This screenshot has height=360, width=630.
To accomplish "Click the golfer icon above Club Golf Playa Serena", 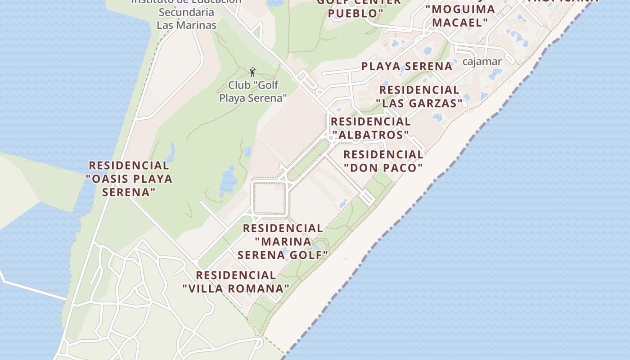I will pyautogui.click(x=252, y=72).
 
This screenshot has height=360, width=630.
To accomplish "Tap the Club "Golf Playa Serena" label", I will pyautogui.click(x=253, y=91).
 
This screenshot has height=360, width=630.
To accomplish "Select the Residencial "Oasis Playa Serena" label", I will pyautogui.click(x=129, y=179).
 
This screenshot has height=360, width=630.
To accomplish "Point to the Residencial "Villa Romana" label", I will pyautogui.click(x=236, y=282).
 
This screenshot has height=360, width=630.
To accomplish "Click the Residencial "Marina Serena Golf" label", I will pyautogui.click(x=283, y=242).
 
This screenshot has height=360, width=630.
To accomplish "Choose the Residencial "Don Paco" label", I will pyautogui.click(x=383, y=162).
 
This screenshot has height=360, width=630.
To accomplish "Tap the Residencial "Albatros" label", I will pyautogui.click(x=370, y=128).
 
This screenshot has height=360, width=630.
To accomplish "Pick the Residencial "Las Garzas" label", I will pyautogui.click(x=419, y=97).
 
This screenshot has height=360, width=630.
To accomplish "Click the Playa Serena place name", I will pyautogui.click(x=407, y=67).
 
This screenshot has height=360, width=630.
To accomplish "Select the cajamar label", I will pyautogui.click(x=481, y=62).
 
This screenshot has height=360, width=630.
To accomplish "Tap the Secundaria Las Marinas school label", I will pyautogui.click(x=186, y=19).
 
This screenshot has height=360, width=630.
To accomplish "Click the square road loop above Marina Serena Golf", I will pyautogui.click(x=270, y=198).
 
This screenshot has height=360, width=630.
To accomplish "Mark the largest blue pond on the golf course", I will pyautogui.click(x=228, y=181).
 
